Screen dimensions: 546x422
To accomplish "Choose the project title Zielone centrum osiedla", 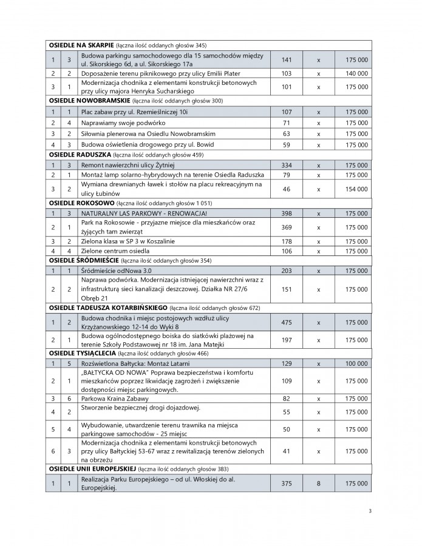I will click(x=113, y=251).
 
